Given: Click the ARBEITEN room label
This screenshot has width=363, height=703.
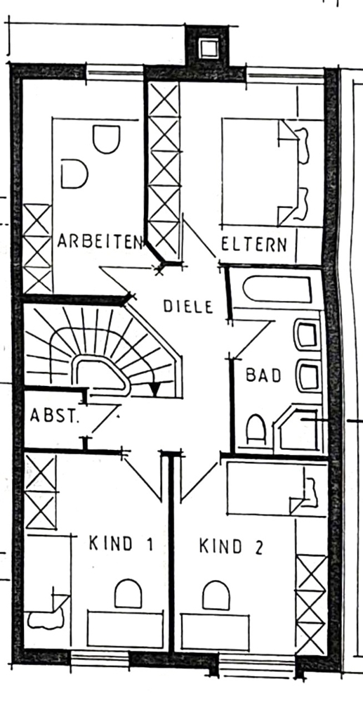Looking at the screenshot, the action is (x=100, y=241).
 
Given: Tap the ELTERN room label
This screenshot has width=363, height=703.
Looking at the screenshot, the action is (x=254, y=245).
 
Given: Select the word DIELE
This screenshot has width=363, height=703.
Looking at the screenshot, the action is (x=187, y=307).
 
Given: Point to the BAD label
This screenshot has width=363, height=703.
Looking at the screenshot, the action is (x=263, y=375).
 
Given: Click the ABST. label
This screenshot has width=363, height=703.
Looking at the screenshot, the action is (x=54, y=415).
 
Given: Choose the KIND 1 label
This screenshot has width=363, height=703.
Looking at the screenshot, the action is (x=121, y=544).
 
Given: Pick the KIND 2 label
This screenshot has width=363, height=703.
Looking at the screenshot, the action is (x=231, y=546).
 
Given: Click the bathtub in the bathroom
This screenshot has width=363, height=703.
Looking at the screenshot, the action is (x=277, y=290).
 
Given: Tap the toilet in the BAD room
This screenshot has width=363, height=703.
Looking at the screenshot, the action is (x=256, y=429).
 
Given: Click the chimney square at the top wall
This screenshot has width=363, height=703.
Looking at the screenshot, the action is (x=209, y=48).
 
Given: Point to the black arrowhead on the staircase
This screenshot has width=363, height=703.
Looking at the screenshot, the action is (x=155, y=389).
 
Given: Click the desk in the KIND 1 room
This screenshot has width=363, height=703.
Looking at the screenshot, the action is (x=125, y=629).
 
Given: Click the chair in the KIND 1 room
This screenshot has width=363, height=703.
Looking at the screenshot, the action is (x=128, y=593).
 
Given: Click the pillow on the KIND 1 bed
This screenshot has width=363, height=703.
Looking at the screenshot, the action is (x=46, y=619).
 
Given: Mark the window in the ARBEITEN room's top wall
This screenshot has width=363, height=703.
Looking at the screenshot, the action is (x=115, y=72).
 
